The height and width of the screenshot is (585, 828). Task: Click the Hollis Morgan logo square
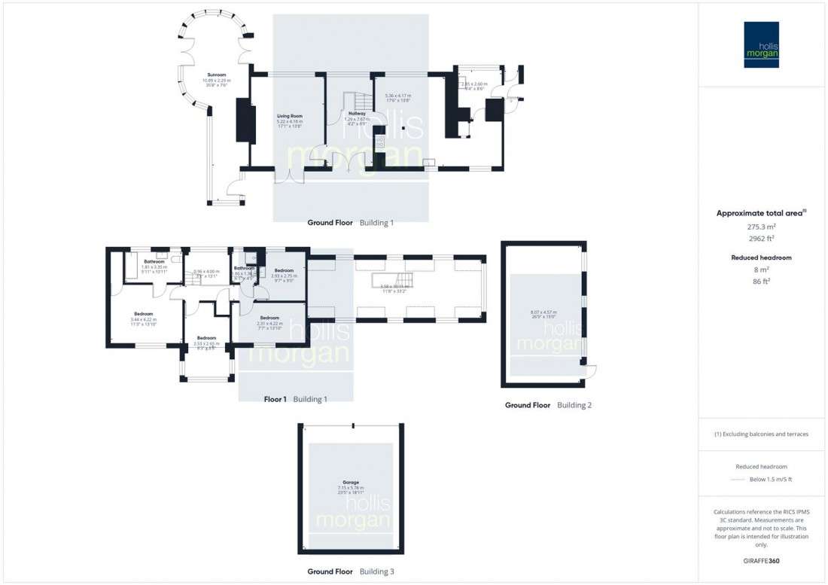point(762,44)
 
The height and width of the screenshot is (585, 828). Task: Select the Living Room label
point(289,115)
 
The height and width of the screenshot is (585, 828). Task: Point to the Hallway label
point(357,114)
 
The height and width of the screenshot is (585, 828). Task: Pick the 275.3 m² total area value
point(762,226)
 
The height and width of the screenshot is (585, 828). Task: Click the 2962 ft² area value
point(762,239)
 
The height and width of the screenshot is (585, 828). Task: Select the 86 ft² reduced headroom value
point(762,281)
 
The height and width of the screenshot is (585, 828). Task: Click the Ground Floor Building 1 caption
point(350,223)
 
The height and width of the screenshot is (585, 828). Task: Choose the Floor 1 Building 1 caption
point(295,399)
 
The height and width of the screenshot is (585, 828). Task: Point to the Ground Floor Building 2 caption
point(548,405)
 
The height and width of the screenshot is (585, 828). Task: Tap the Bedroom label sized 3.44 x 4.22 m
point(144,314)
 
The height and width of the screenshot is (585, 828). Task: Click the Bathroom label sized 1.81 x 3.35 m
point(145,262)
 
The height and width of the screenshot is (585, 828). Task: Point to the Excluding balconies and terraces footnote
point(762,434)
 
